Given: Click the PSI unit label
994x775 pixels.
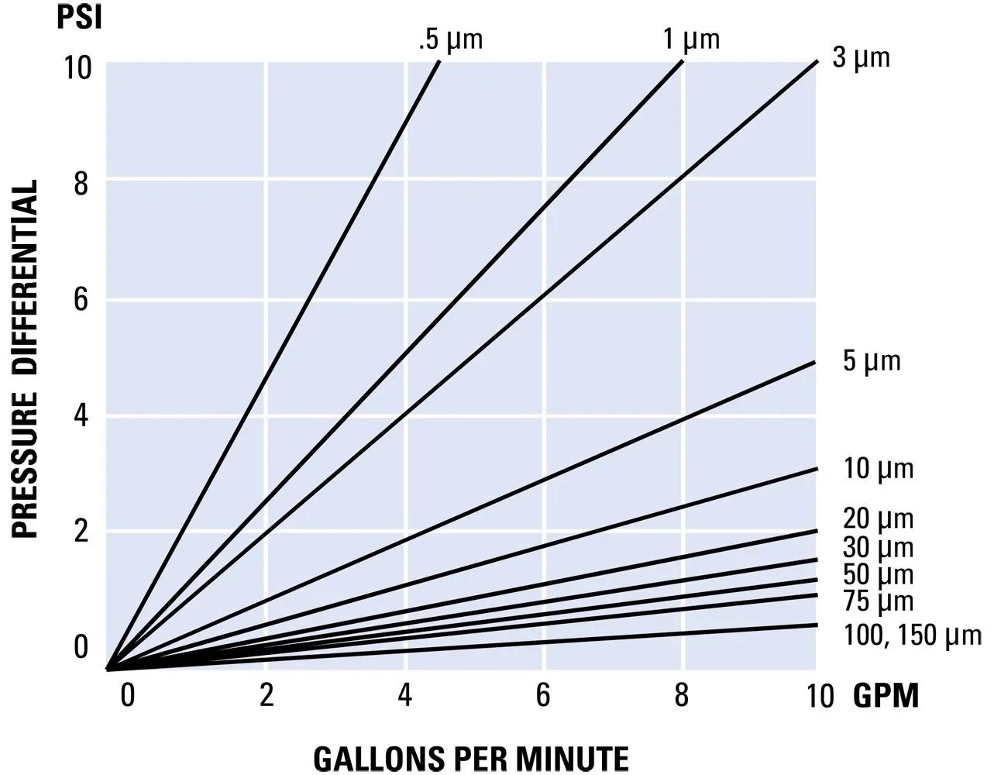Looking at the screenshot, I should pyautogui.click(x=80, y=16).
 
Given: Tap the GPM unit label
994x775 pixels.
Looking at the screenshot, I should pyautogui.click(x=886, y=696).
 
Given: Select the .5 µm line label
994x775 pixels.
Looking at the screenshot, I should pyautogui.click(x=450, y=40).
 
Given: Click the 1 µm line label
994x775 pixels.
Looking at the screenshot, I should pyautogui.click(x=691, y=39).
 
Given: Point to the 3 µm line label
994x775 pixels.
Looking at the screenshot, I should pyautogui.click(x=861, y=57).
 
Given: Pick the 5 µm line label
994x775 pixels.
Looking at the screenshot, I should pyautogui.click(x=872, y=361).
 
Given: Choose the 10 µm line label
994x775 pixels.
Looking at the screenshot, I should pyautogui.click(x=878, y=469).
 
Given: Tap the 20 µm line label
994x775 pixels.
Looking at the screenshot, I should pyautogui.click(x=878, y=518).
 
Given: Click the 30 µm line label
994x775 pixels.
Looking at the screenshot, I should pyautogui.click(x=878, y=547).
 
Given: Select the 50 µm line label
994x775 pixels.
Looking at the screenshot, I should pyautogui.click(x=878, y=574).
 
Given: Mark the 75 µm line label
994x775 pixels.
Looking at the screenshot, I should pyautogui.click(x=878, y=601).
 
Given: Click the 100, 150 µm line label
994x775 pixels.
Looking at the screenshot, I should pyautogui.click(x=912, y=635).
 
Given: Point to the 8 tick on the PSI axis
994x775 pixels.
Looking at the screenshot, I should pyautogui.click(x=81, y=184).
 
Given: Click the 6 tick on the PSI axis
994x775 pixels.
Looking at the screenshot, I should pyautogui.click(x=81, y=300).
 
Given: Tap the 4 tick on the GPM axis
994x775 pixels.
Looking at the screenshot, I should pyautogui.click(x=404, y=695).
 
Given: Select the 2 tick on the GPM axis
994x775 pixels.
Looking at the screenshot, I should pyautogui.click(x=266, y=695).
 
